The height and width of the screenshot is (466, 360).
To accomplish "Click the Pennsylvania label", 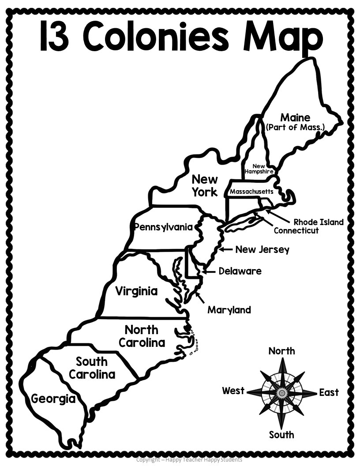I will click(x=164, y=227).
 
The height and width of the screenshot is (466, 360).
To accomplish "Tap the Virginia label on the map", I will click(x=136, y=291).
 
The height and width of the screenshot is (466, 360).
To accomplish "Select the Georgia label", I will click(x=53, y=399).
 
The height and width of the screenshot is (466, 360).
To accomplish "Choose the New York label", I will click(x=204, y=185).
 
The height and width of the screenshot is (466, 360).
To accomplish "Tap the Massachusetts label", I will click(x=251, y=192).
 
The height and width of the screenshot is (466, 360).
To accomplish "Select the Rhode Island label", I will click(x=318, y=222).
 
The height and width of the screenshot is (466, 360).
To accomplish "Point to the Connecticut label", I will click(x=296, y=230).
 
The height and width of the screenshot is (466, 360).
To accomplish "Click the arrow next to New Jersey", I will click(x=226, y=249).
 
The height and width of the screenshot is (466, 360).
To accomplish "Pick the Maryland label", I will click(x=229, y=310).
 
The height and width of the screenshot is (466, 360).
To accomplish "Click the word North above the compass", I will click(x=281, y=351).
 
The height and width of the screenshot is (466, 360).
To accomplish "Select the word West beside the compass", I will click(x=233, y=391).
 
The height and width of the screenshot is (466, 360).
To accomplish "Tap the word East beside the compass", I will click(x=329, y=392).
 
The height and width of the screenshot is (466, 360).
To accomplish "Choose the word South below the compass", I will click(x=281, y=435).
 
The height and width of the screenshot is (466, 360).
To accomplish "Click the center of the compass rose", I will click(x=281, y=392).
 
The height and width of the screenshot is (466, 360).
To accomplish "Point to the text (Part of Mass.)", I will click(x=295, y=128).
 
